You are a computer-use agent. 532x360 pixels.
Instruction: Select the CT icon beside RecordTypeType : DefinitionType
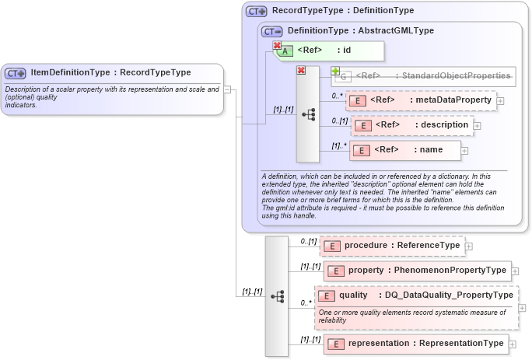point(257,12)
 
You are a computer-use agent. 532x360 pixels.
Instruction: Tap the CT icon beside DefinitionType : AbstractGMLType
point(272,31)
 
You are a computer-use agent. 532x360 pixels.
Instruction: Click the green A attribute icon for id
point(285,51)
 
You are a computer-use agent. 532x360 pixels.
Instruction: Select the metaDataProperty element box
point(421,100)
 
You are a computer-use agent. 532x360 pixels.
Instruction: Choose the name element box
point(404,150)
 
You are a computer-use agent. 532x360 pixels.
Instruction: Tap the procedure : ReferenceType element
point(392,246)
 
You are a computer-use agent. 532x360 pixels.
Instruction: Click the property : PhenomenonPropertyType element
point(417,271)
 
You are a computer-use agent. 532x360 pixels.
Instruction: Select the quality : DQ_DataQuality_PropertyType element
point(415,295)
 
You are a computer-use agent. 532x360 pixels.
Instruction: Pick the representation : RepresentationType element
point(417,343)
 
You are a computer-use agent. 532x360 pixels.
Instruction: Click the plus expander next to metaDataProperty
point(500,100)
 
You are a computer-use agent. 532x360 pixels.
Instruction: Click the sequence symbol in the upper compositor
point(307,114)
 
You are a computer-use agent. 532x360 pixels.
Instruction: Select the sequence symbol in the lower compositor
point(276,297)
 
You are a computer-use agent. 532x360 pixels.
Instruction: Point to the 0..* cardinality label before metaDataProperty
point(337,96)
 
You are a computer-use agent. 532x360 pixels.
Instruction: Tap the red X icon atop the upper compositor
point(301,70)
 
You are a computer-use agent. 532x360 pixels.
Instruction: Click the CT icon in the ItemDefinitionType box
point(16,73)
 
